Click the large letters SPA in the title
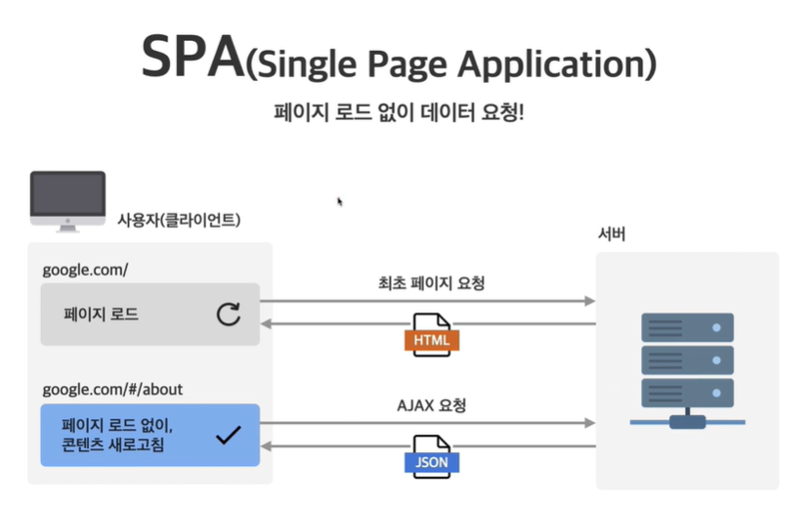click(192, 59)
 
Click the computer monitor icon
click(67, 200)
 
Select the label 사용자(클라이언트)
click(179, 220)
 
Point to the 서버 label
click(612, 234)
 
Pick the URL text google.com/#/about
click(112, 390)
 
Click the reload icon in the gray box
click(229, 315)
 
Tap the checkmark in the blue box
click(228, 435)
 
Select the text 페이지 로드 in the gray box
click(101, 315)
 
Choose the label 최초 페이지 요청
click(431, 284)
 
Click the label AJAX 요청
click(431, 405)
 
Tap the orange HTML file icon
click(431, 336)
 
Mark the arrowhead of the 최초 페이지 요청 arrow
click(589, 301)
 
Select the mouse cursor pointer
click(340, 201)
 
